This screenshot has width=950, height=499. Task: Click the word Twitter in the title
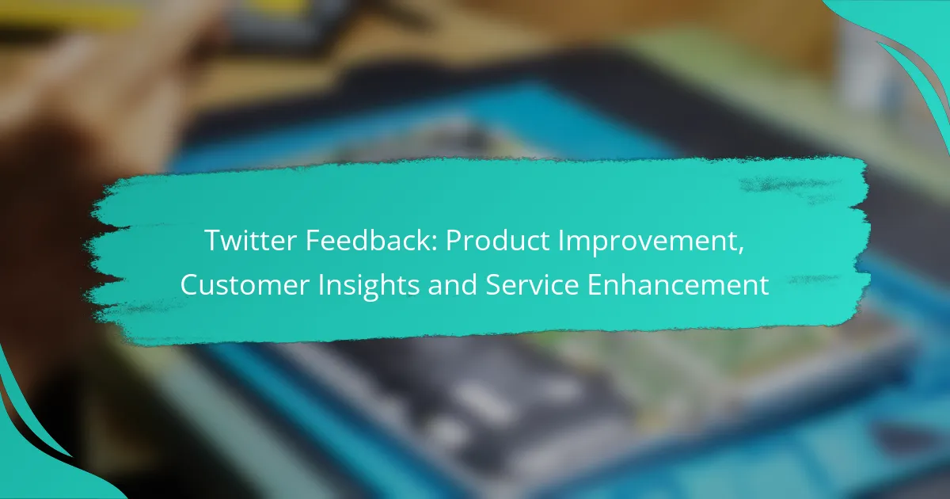250,240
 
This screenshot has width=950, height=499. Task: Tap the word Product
497,241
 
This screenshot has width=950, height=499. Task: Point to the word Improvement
648,242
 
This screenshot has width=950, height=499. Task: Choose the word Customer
245,284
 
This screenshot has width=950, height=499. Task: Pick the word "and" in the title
452,284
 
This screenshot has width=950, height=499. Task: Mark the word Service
532,284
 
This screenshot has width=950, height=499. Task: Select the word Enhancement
678,284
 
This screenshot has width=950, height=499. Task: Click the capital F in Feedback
313,240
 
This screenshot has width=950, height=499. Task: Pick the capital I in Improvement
560,240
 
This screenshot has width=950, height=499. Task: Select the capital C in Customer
191,284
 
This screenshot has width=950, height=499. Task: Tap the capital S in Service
494,284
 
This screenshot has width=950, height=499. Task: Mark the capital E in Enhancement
595,284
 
